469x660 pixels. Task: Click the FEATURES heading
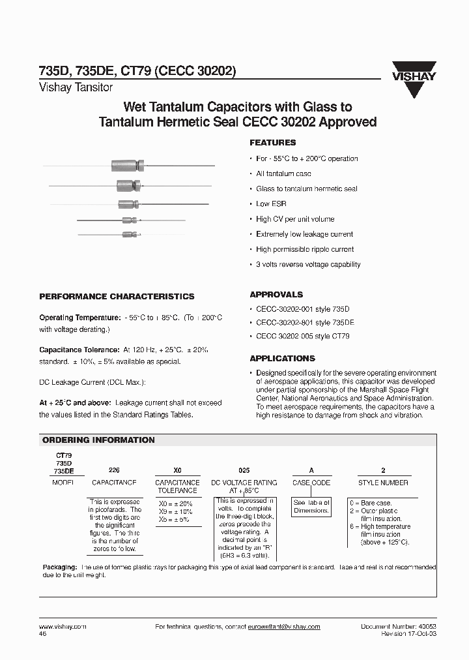click(x=273, y=142)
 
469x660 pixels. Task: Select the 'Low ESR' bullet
click(x=272, y=204)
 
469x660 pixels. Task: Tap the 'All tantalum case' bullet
click(x=283, y=173)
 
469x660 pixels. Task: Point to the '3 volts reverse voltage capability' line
click(x=307, y=264)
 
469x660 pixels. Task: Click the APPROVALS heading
click(x=276, y=294)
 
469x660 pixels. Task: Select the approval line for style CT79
click(x=303, y=336)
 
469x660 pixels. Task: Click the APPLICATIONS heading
click(x=282, y=358)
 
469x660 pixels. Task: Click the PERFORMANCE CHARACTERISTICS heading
click(x=117, y=296)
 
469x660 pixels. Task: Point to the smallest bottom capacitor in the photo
click(x=128, y=233)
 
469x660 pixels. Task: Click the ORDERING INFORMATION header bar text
click(x=98, y=440)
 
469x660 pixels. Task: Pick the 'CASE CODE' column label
click(x=311, y=483)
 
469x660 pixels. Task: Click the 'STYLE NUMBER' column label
click(x=383, y=483)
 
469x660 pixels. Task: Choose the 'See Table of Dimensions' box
click(x=311, y=506)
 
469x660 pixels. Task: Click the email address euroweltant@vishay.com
click(x=284, y=627)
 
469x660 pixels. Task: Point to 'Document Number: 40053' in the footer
click(x=398, y=627)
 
